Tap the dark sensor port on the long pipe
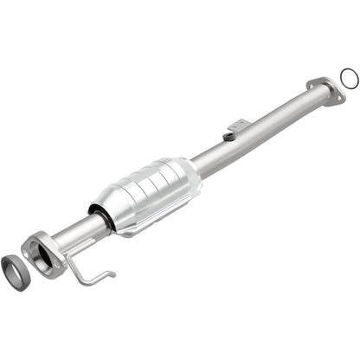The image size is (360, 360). coord(228,136)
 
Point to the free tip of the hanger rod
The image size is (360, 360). coord(113,273)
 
